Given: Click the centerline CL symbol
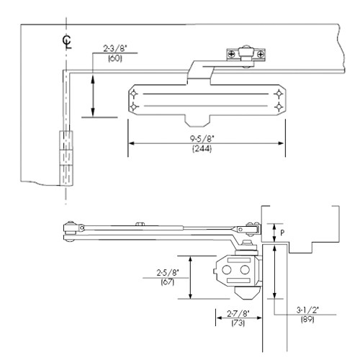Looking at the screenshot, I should (x=67, y=40).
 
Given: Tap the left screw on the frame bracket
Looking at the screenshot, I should (x=233, y=53).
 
